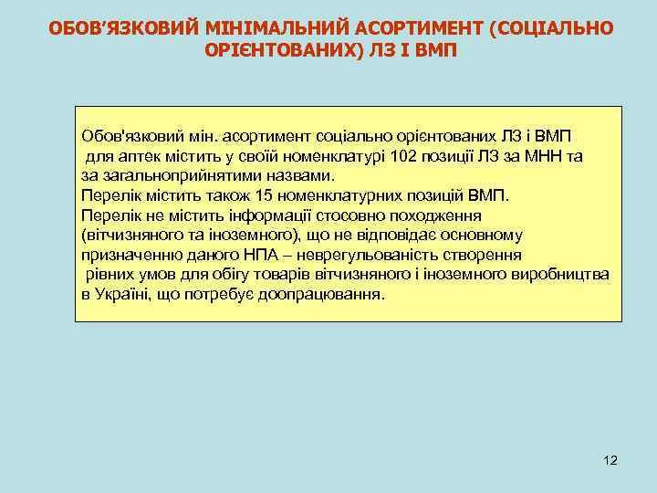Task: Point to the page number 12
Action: click(610, 460)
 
